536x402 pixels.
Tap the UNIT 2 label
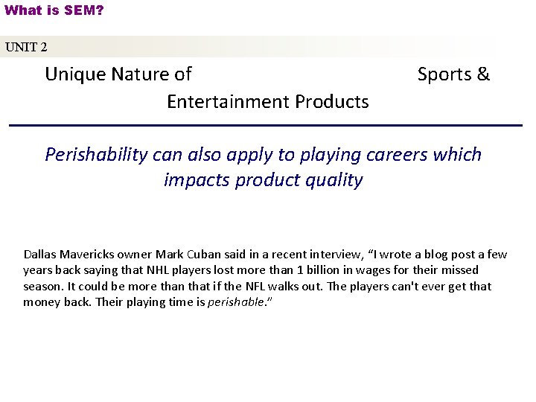click(x=26, y=47)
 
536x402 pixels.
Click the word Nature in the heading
click(x=139, y=74)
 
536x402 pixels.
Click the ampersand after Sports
click(x=483, y=74)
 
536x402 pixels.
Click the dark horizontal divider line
click(x=266, y=125)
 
